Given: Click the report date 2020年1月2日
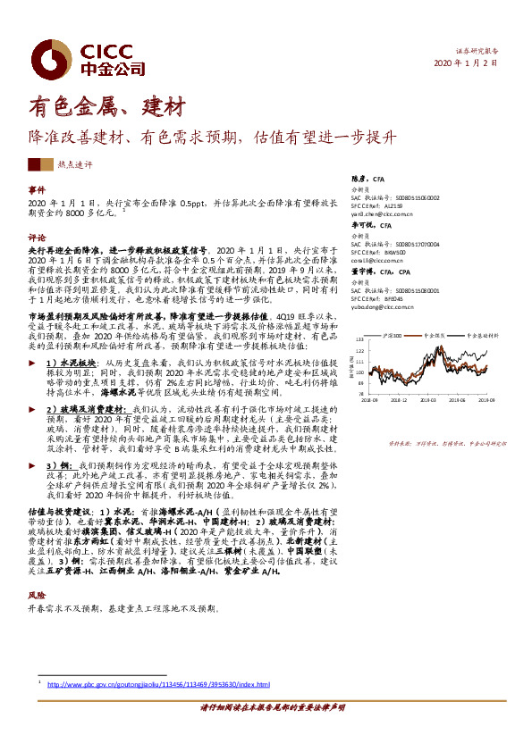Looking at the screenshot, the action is coord(466,64).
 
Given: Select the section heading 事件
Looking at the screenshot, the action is coord(36,191).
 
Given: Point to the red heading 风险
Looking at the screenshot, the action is coord(36,594).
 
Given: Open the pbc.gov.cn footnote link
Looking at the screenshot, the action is coord(157,685).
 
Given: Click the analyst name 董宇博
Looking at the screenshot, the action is coord(363,272).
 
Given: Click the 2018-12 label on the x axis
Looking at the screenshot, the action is coord(400,401).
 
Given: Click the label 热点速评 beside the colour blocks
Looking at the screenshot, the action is coord(73,165).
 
